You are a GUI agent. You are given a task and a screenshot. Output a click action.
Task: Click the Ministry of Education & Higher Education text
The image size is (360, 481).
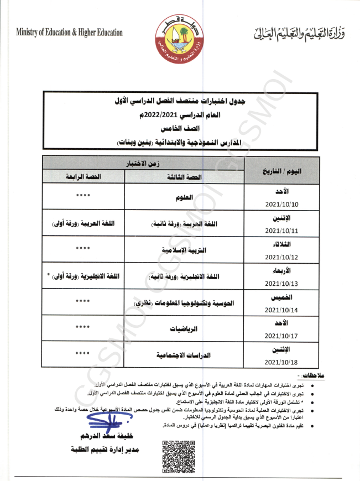pyautogui.click(x=70, y=33)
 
